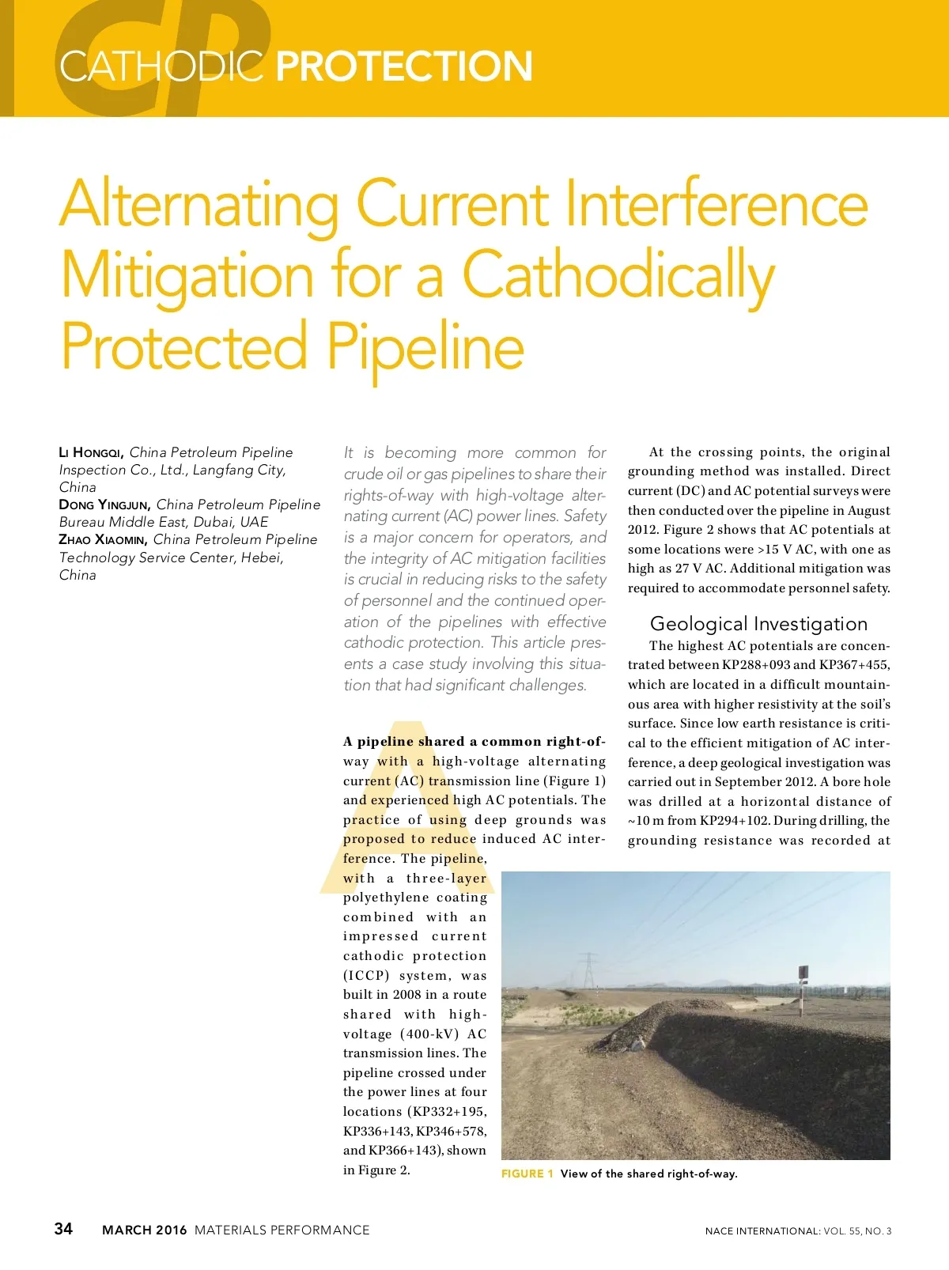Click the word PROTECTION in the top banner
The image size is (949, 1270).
pyautogui.click(x=404, y=66)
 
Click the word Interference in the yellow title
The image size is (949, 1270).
pyautogui.click(x=716, y=204)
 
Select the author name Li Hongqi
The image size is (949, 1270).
pyautogui.click(x=91, y=453)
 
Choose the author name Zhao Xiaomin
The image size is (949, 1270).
pyautogui.click(x=103, y=539)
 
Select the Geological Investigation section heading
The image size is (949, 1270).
pyautogui.click(x=758, y=624)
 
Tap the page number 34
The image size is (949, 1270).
pyautogui.click(x=63, y=1228)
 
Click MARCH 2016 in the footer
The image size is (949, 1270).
pyautogui.click(x=145, y=1230)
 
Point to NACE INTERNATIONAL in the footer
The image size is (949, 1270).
pyautogui.click(x=762, y=1231)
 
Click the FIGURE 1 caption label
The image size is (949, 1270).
pyautogui.click(x=527, y=1174)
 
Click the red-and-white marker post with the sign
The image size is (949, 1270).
pyautogui.click(x=803, y=988)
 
